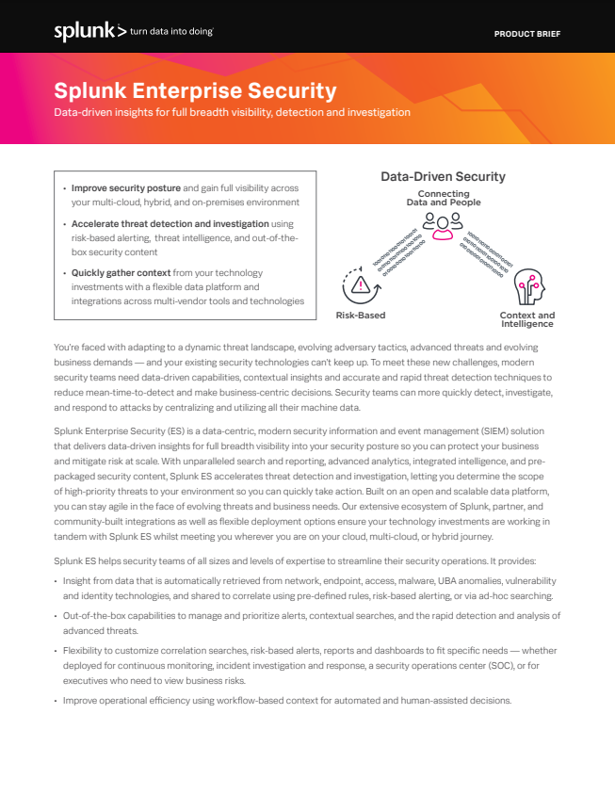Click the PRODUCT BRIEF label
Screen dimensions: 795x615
[527, 34]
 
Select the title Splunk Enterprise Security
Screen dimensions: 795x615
[195, 91]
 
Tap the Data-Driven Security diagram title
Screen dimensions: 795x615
[443, 176]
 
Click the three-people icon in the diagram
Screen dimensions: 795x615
[443, 221]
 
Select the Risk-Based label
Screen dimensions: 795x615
[361, 316]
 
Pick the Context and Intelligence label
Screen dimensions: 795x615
[526, 319]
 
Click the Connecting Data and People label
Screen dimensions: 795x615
[443, 198]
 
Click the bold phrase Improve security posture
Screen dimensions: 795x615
[126, 188]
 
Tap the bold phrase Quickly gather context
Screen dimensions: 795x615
[121, 273]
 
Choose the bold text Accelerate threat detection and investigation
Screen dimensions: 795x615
[170, 224]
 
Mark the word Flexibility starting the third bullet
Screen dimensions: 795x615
[86, 651]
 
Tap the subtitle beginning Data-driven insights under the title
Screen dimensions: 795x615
[232, 112]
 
